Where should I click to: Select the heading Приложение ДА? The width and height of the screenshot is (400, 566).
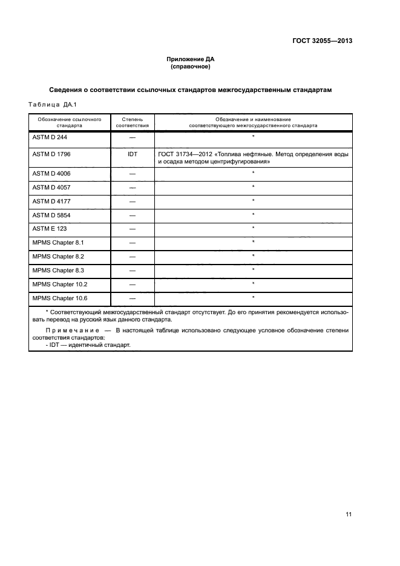coord(191,59)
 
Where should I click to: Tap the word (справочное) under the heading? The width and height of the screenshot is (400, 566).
coord(191,67)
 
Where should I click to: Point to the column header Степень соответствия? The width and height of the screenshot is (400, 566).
coord(133,123)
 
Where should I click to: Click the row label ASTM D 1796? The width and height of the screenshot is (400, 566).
coord(51,154)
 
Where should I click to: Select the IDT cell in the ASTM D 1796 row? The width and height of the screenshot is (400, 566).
coord(133,154)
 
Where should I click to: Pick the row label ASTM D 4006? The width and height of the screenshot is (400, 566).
coord(51,174)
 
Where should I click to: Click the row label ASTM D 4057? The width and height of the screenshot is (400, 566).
coord(51,188)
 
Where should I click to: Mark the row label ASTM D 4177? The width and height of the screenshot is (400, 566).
coord(51,201)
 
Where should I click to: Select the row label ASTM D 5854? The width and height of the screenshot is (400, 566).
coord(51,215)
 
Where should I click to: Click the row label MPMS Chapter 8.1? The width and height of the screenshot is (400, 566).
coord(58,243)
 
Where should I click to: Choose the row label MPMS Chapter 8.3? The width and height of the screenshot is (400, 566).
coord(58,270)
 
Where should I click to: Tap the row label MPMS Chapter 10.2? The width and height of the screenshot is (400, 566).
coord(59,284)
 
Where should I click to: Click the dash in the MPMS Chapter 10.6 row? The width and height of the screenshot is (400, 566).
coord(133,298)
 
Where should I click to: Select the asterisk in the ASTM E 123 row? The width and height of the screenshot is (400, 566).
coord(253,228)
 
